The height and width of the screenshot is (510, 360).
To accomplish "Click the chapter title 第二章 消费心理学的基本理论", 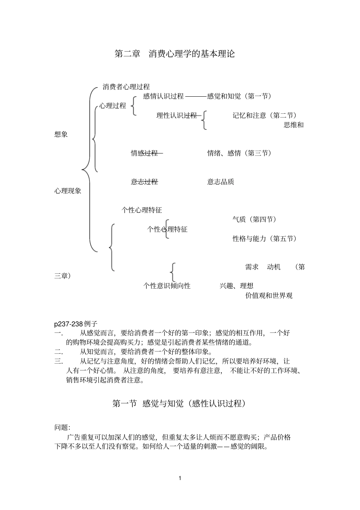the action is (x=175, y=54).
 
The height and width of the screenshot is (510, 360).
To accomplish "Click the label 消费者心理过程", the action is (x=126, y=87).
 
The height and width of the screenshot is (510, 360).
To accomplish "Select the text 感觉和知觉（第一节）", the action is (x=239, y=96).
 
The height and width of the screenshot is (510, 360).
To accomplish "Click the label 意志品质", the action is (x=221, y=182).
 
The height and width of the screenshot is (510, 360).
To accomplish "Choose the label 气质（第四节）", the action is (x=255, y=219).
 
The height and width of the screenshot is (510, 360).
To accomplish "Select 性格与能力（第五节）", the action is (x=265, y=239).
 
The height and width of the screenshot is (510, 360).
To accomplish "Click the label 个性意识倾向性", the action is (x=167, y=286).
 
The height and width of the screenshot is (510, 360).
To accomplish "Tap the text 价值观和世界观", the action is (x=269, y=295).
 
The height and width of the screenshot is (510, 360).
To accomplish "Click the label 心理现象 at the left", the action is (x=68, y=191).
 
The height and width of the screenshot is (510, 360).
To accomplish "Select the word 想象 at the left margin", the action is (x=61, y=134).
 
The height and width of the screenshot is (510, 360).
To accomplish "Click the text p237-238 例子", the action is (x=76, y=324).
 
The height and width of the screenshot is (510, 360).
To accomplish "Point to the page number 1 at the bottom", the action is (x=180, y=478).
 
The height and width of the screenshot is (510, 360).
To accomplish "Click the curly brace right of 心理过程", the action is (x=133, y=106).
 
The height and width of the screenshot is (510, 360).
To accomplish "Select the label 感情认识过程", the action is (x=163, y=96).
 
